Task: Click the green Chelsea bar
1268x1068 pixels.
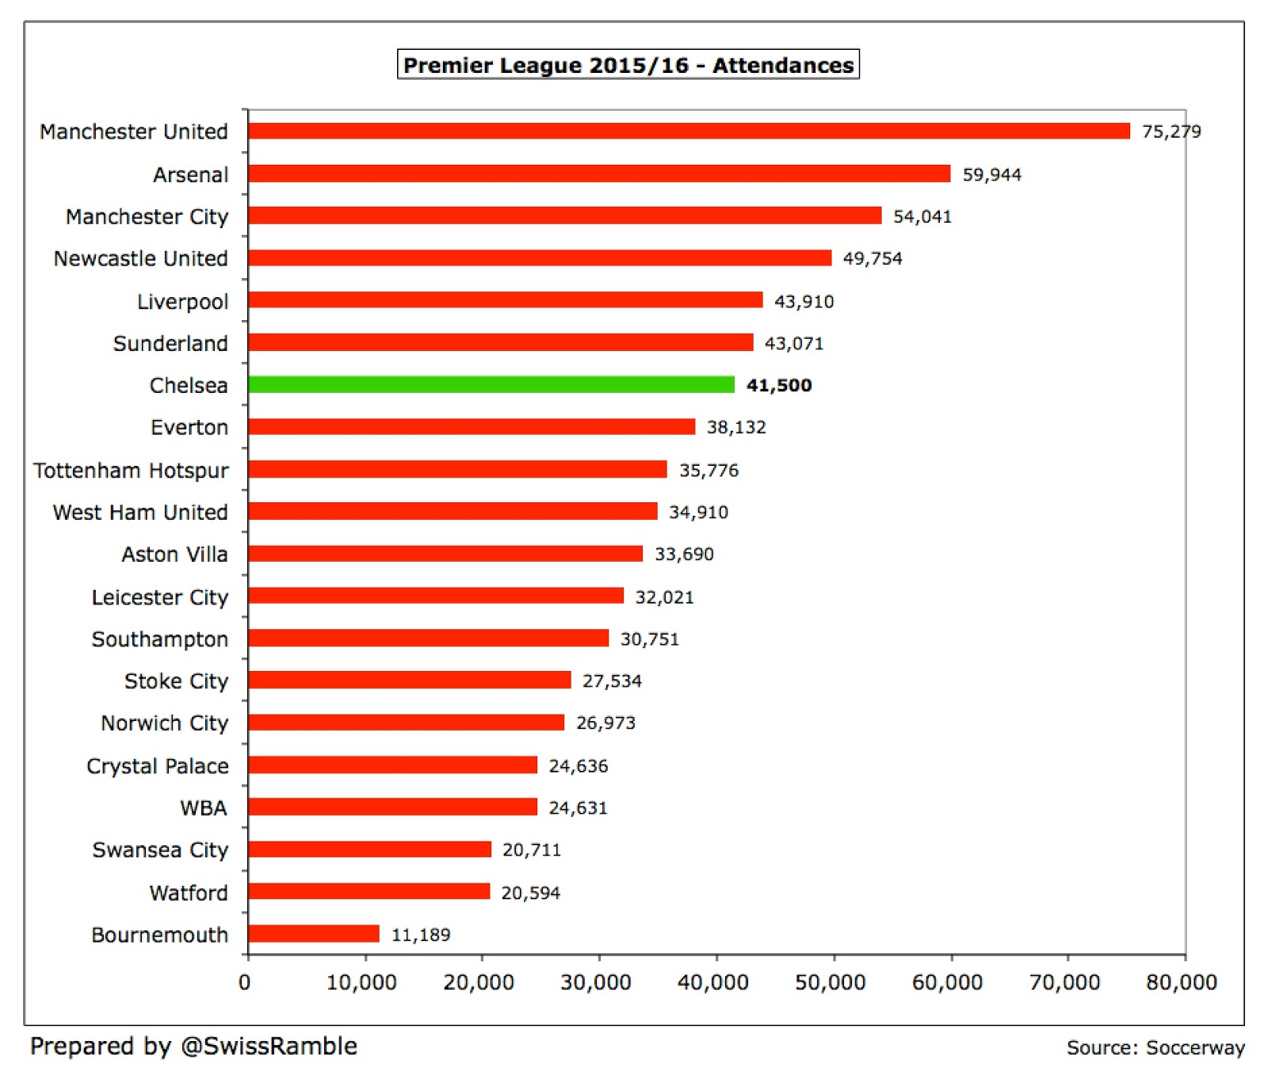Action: (x=491, y=385)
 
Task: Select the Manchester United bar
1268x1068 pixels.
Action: (x=689, y=132)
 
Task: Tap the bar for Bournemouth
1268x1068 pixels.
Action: (x=314, y=934)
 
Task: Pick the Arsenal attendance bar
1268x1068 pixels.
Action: (x=599, y=174)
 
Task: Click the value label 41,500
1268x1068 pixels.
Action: (x=779, y=386)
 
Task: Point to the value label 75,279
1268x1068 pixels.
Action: (x=1171, y=132)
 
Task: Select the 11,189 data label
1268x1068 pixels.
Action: (x=421, y=935)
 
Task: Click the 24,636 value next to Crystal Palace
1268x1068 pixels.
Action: (x=579, y=766)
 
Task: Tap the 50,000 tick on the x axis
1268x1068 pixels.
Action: (x=830, y=983)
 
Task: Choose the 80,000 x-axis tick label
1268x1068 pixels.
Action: (x=1181, y=983)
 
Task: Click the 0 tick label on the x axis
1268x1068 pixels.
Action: (x=245, y=983)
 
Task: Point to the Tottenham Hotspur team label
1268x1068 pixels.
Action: (x=131, y=471)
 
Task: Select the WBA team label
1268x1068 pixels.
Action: (x=204, y=808)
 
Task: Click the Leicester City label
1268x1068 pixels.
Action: (x=160, y=597)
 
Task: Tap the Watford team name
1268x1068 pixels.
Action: (x=189, y=893)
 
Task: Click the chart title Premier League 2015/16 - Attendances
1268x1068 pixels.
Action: (x=628, y=65)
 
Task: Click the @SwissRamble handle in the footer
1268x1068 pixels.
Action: (x=269, y=1047)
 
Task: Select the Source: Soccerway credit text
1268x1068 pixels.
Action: (x=1155, y=1048)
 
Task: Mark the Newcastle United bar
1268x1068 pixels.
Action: (x=540, y=258)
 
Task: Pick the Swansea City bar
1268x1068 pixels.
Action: (x=369, y=850)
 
